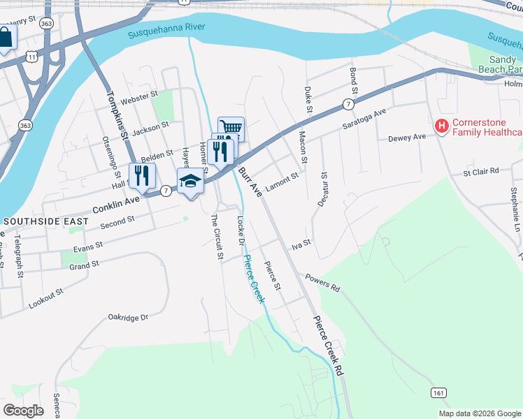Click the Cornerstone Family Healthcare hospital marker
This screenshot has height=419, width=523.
coord(441,126)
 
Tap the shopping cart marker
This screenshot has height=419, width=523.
coord(231,128)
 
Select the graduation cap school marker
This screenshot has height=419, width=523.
coord(190,181)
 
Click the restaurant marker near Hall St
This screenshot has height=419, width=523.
coord(142,175)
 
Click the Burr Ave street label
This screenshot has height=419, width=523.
coord(249,179)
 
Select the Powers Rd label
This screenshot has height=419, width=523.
coord(322,283)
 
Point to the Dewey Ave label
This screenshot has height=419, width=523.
coord(407,138)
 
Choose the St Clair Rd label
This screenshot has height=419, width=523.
coord(481,170)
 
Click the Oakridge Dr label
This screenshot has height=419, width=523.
coord(129,317)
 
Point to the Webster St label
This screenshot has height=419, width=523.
coord(139,98)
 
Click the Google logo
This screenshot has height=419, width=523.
coord(23,410)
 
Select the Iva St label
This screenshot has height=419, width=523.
coord(301,244)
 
